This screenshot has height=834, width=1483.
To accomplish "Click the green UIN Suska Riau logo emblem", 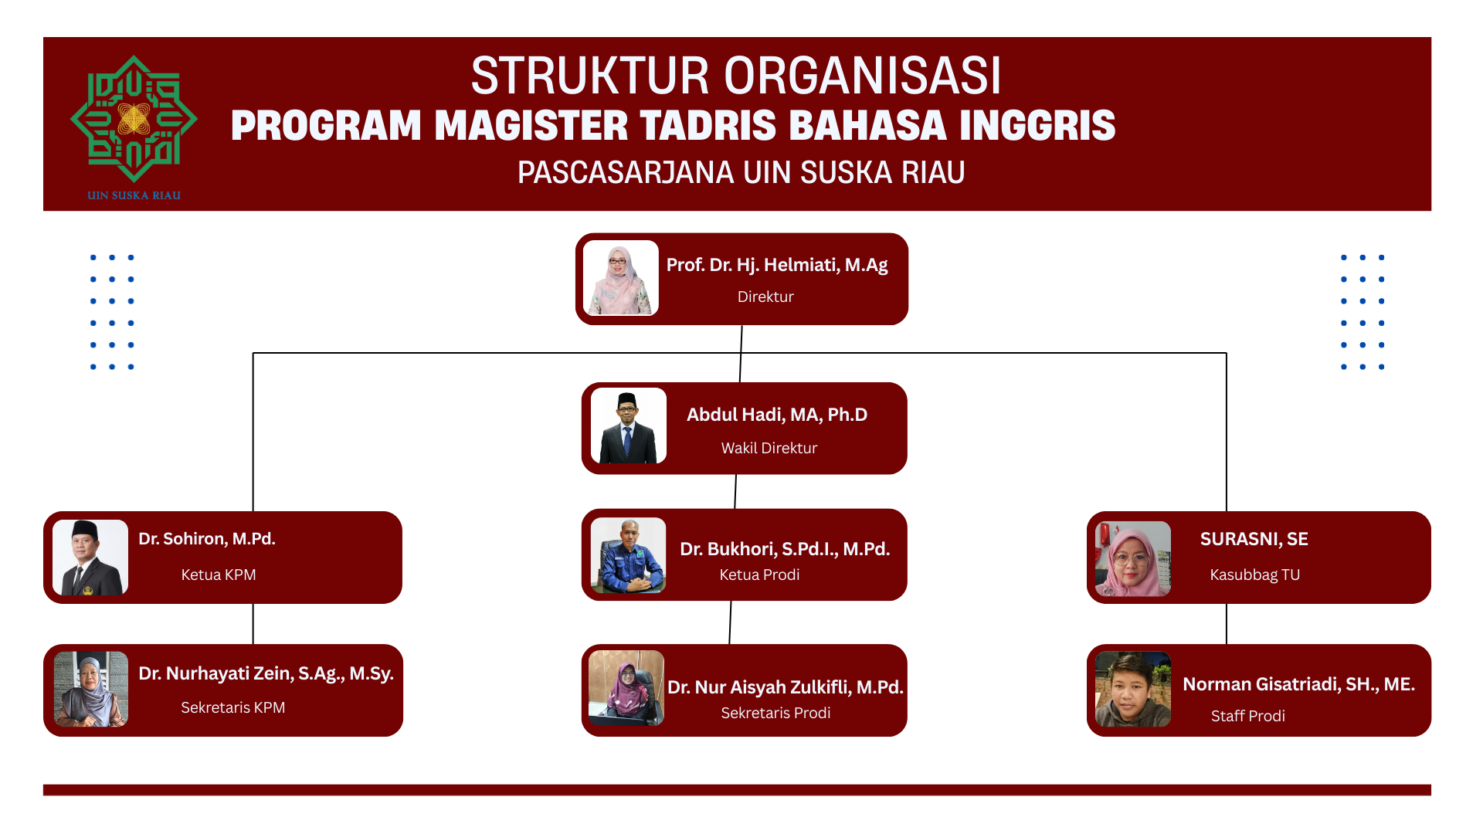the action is pos(134,119).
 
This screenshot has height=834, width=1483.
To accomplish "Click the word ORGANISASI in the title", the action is pos(862,76).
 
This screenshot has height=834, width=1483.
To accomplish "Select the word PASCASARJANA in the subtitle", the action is pos(626,172).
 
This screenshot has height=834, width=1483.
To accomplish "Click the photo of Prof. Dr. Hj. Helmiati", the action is pos(621,278).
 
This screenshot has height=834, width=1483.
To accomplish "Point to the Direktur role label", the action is pos(765,297).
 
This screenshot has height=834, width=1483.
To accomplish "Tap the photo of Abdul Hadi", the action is pos(629,426).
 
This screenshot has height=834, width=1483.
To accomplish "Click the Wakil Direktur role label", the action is pos(769,448).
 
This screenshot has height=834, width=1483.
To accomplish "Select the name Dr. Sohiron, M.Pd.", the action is pos(207,538).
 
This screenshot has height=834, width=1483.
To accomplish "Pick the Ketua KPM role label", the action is pos(219,575).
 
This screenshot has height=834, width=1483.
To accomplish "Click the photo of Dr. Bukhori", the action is pos(628,555).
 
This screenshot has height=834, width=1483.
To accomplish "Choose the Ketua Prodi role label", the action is pos(760,575).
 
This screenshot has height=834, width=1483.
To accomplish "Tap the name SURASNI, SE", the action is pos(1254,539).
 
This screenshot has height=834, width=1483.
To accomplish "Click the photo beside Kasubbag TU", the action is pos(1133,558).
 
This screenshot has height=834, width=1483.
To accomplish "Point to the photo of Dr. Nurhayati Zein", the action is pos(91,690).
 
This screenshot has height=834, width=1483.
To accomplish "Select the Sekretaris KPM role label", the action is pos(233,707).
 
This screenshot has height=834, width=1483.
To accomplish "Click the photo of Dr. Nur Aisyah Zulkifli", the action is pos(626,688).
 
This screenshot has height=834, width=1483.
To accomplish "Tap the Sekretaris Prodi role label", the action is pos(776,713).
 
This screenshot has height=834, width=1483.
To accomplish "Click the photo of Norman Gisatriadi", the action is pos(1133,690).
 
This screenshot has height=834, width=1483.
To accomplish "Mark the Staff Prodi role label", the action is pos(1248,716).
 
